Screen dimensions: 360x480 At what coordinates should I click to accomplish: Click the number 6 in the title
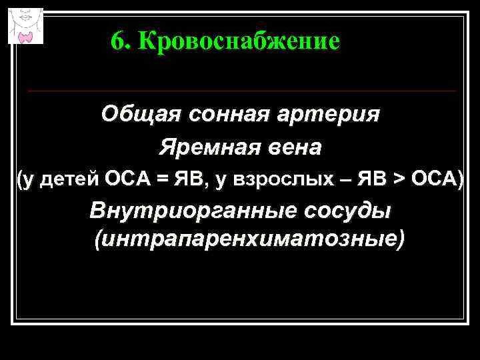click(x=117, y=42)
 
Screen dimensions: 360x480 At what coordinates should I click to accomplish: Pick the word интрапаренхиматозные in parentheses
click(x=249, y=238)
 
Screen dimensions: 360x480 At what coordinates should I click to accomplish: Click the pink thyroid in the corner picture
click(x=26, y=35)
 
